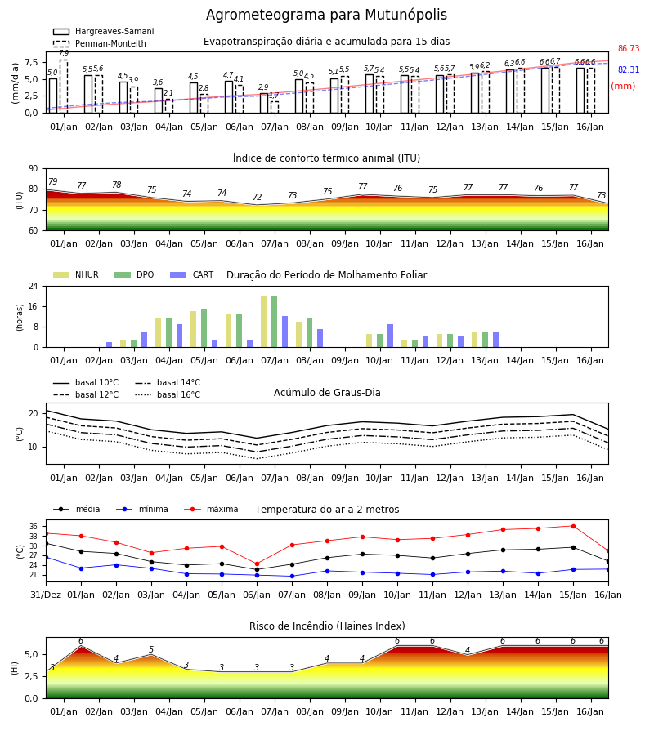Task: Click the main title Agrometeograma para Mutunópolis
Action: click(x=326, y=15)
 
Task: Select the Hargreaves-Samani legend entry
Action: click(x=104, y=31)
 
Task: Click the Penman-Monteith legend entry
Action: click(x=100, y=43)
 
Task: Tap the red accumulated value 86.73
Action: click(x=629, y=48)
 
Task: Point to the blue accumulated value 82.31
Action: click(x=629, y=69)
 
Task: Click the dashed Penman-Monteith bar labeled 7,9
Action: click(x=64, y=87)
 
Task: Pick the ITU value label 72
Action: click(x=257, y=197)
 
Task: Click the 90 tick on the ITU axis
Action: click(x=34, y=169)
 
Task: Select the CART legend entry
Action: click(x=192, y=274)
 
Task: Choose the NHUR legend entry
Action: click(x=76, y=274)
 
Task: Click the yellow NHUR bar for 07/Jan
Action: click(x=264, y=322)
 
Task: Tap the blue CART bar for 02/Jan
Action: click(x=110, y=345)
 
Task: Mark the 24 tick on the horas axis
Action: click(x=34, y=286)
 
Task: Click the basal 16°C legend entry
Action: click(x=168, y=394)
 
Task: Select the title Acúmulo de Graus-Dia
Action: click(x=327, y=393)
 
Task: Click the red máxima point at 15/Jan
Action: click(x=573, y=527)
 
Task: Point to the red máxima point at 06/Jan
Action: click(x=257, y=563)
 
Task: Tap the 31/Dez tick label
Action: click(x=46, y=595)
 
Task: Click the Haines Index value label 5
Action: click(x=151, y=650)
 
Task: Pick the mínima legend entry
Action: click(x=142, y=509)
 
